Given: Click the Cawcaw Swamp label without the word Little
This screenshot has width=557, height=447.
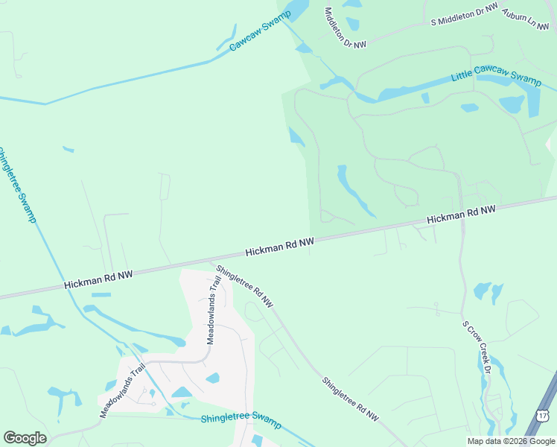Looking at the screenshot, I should click(x=260, y=31).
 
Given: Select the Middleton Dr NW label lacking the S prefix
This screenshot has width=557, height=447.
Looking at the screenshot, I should click(x=346, y=28).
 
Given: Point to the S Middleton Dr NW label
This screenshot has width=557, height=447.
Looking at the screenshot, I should click(x=464, y=15).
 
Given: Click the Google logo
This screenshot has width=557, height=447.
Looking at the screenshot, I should click(x=25, y=438).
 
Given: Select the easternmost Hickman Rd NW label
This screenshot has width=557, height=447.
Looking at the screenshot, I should click(x=461, y=215).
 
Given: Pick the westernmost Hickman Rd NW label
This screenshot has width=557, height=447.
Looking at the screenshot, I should click(x=98, y=279).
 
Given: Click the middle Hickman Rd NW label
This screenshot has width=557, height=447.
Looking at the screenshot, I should click(x=280, y=246).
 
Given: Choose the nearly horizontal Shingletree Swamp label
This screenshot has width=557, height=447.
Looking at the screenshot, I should click(x=241, y=421).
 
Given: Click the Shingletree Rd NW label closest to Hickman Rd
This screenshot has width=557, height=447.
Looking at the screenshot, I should click(x=244, y=285).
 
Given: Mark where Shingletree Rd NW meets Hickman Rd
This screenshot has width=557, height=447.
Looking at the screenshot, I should click(x=213, y=261).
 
